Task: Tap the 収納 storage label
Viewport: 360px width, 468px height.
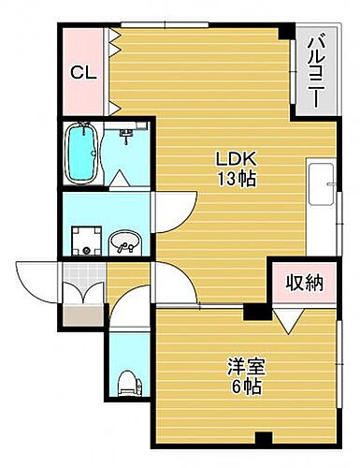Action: coord(304,282)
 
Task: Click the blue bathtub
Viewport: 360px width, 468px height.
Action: coord(86,152)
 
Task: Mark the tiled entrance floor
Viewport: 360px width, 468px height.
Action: coord(82,277)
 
